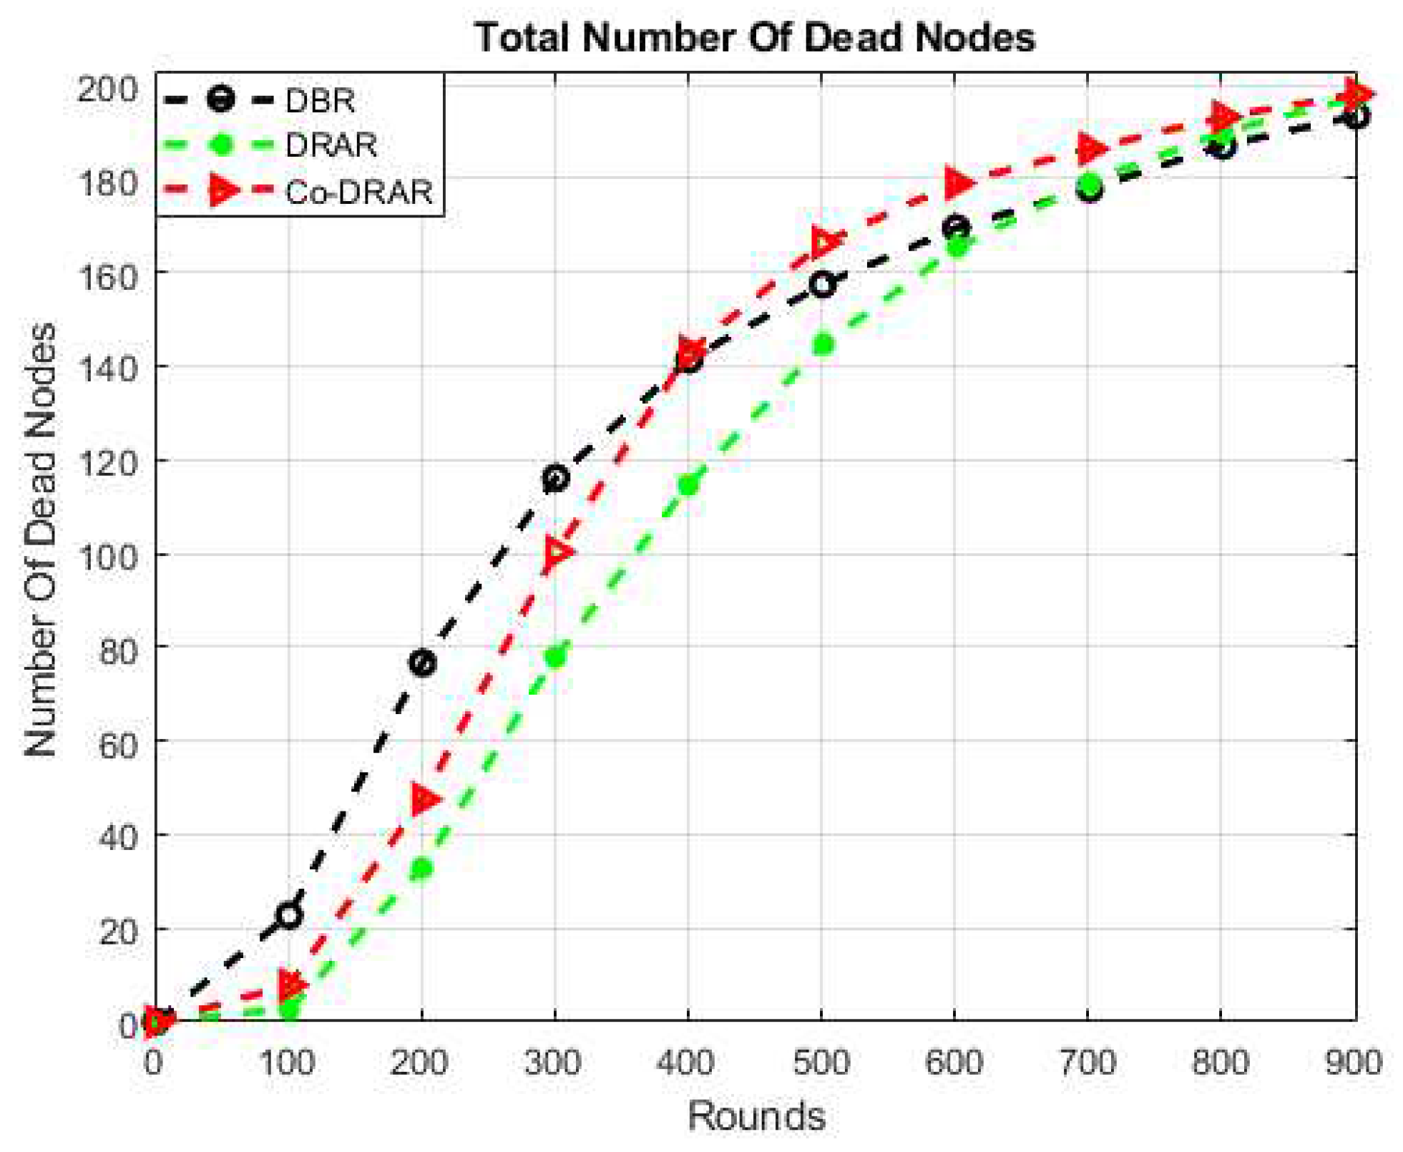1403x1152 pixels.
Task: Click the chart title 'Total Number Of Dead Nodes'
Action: (x=754, y=37)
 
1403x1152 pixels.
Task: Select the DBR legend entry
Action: (x=319, y=100)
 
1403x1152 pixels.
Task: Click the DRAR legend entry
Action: (x=331, y=145)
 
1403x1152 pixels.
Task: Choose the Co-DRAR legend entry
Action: (x=358, y=192)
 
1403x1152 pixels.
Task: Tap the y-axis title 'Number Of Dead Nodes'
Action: (x=40, y=540)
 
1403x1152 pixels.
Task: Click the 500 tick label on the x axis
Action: (x=821, y=1063)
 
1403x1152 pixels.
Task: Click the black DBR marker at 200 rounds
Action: (x=422, y=663)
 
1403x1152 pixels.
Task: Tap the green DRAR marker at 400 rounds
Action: (x=688, y=485)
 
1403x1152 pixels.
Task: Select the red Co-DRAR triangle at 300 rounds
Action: (x=557, y=552)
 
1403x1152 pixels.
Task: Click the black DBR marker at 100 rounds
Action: (x=289, y=914)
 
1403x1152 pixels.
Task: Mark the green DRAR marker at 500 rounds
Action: (x=823, y=344)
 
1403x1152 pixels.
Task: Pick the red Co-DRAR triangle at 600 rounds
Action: (x=957, y=183)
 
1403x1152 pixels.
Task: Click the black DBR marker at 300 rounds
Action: (x=555, y=478)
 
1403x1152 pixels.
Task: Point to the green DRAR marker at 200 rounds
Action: (x=422, y=869)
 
